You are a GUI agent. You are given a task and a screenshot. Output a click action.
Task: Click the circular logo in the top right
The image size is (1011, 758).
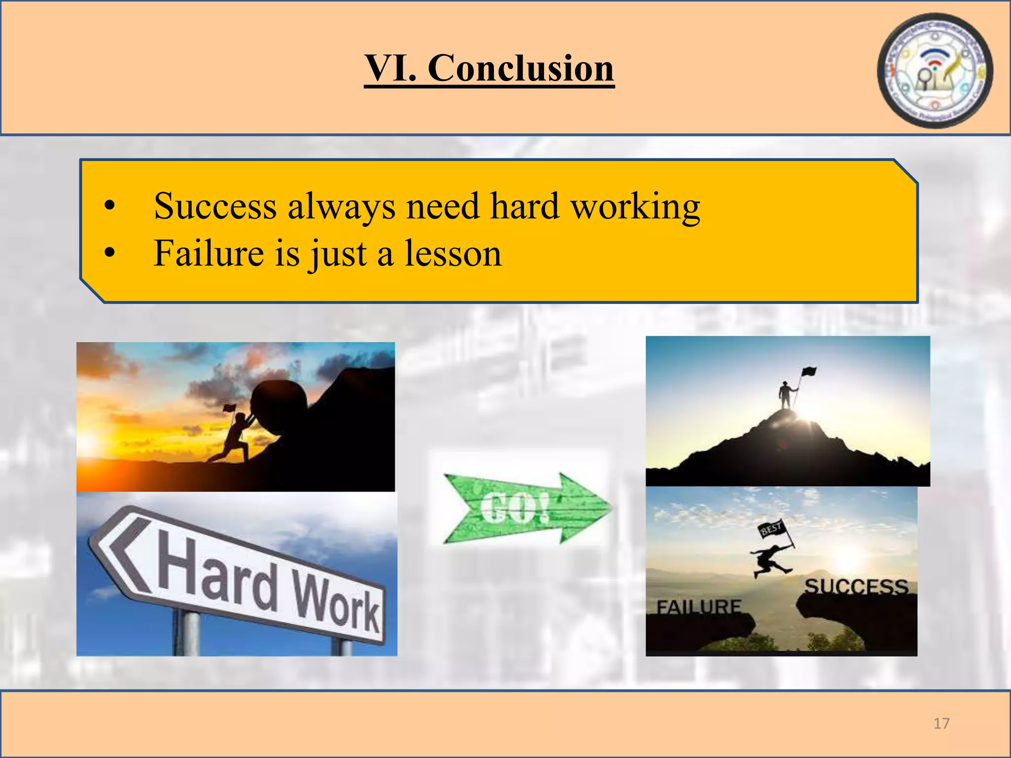point(934,71)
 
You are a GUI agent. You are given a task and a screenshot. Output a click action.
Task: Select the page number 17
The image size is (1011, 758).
point(941,723)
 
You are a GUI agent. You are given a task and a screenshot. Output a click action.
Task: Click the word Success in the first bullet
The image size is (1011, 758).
point(215,206)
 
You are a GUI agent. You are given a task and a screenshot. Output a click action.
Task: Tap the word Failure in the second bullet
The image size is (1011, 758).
point(209,254)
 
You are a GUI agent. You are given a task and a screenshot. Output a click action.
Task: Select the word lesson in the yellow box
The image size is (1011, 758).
point(453,254)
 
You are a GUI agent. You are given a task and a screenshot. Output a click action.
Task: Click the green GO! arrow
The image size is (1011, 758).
point(526,508)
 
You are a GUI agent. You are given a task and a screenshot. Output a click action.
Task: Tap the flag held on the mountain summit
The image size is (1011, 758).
point(808,372)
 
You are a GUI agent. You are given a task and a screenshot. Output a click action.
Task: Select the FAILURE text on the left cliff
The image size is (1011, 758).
point(699,606)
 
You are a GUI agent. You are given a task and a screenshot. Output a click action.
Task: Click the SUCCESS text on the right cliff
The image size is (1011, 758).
point(856,587)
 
